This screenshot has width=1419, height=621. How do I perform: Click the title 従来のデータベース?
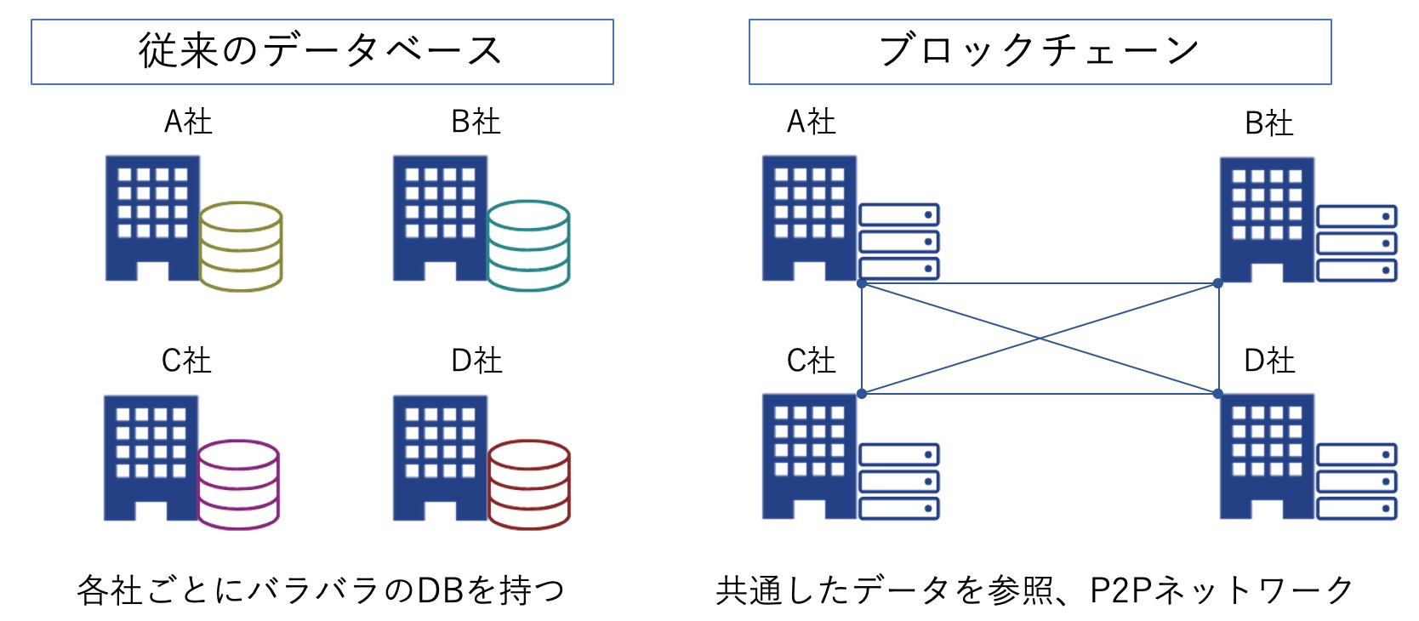322,51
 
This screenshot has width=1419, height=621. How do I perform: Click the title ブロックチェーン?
1039,51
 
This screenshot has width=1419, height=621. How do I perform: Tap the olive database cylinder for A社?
241,246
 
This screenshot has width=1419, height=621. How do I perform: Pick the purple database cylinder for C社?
238,484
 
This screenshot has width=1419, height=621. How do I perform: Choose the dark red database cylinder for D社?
528,484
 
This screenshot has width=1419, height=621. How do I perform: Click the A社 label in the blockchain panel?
811,122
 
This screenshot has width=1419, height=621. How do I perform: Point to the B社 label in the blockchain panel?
1268,123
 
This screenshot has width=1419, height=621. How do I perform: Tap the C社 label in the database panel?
186,361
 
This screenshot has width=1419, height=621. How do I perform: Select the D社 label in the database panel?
476,361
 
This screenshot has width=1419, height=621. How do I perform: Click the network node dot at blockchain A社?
862,283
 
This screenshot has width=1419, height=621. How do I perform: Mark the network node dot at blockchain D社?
1218,394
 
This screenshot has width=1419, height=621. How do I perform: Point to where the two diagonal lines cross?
1040,339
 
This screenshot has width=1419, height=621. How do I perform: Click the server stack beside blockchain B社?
1356,243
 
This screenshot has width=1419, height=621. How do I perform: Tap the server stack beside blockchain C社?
898,481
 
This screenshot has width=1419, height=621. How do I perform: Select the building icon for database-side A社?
152,218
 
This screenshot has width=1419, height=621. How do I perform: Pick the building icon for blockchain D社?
1267,456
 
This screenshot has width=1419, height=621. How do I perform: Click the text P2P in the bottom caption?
1120,590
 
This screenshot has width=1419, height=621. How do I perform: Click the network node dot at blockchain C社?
862,394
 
